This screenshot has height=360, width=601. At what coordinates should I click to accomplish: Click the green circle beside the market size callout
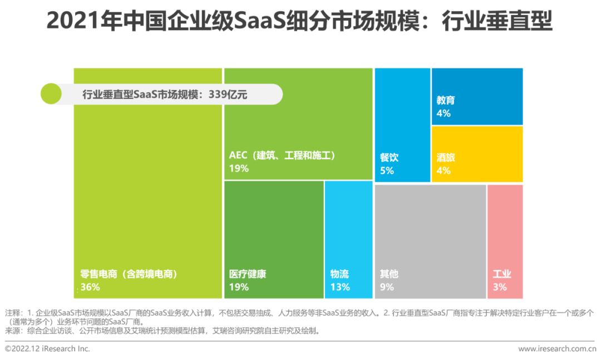[x=51, y=94]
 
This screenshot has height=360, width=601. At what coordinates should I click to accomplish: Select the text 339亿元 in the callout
[x=228, y=95]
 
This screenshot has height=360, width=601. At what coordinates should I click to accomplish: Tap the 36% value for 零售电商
[x=90, y=287]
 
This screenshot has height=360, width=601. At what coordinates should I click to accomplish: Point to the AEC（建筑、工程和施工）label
[x=282, y=155]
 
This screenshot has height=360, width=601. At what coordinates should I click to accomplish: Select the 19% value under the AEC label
[x=239, y=168]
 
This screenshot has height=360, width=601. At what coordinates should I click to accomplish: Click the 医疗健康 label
[x=248, y=274]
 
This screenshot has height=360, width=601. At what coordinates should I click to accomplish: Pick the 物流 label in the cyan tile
[x=339, y=274]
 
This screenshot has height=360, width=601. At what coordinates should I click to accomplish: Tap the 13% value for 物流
[x=340, y=287]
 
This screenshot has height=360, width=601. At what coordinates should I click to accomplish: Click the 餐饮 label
[x=389, y=157]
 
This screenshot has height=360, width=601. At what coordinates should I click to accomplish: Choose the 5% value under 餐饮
[x=387, y=171]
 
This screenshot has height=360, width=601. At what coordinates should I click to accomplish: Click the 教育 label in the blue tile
[x=446, y=100]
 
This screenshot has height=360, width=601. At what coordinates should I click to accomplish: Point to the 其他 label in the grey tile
[x=389, y=274]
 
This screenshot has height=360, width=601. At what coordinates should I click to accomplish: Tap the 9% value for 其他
[x=387, y=287]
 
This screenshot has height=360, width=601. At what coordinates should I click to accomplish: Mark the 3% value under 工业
[x=500, y=287]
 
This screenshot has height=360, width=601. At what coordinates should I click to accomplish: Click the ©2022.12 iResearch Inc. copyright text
[x=47, y=349]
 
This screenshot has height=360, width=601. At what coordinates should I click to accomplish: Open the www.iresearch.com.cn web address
[x=556, y=349]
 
